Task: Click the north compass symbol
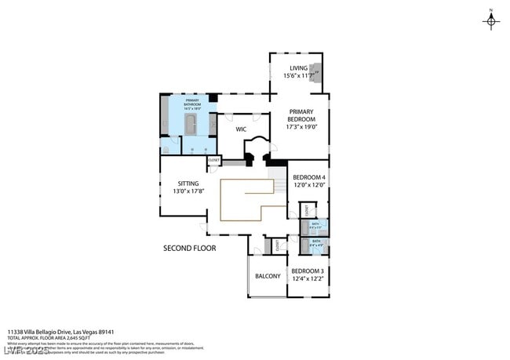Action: pyautogui.click(x=492, y=20)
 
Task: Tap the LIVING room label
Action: pyautogui.click(x=298, y=68)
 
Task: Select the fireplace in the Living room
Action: pyautogui.click(x=315, y=73)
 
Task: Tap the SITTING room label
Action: pyautogui.click(x=188, y=183)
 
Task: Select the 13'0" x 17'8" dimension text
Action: pyautogui.click(x=188, y=191)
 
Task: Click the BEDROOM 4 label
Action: pyautogui.click(x=309, y=178)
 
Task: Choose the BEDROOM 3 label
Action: pyautogui.click(x=308, y=271)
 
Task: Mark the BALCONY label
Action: pyautogui.click(x=268, y=276)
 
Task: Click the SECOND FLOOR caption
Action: pyautogui.click(x=189, y=248)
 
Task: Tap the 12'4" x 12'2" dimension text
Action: pyautogui.click(x=308, y=279)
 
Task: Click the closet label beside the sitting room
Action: pyautogui.click(x=214, y=160)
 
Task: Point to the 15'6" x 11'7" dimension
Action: pyautogui.click(x=298, y=77)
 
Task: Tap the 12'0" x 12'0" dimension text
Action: pyautogui.click(x=309, y=187)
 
